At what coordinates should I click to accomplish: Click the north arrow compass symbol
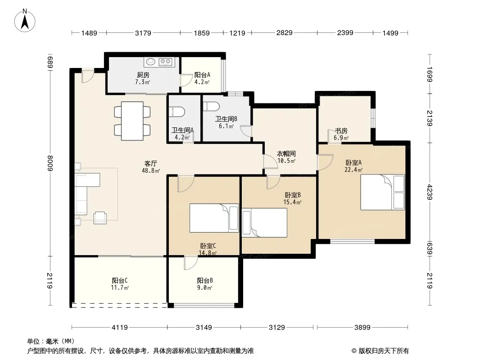click(25, 21)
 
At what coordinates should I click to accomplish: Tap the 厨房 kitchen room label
click(143, 75)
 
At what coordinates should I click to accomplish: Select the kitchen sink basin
click(150, 62)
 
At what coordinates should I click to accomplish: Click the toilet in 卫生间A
click(177, 111)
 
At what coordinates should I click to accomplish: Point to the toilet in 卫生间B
click(211, 106)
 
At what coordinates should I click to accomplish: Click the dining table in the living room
click(132, 121)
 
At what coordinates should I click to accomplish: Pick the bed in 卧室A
click(383, 192)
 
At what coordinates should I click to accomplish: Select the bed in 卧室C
click(214, 218)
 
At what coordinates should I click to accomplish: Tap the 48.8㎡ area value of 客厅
click(150, 171)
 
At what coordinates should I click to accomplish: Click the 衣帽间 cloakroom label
click(286, 153)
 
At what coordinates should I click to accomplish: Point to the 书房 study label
click(341, 131)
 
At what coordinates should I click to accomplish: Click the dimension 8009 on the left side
click(50, 164)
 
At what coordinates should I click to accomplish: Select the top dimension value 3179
click(143, 33)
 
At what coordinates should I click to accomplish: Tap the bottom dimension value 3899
click(362, 328)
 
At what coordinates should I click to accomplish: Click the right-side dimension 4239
click(430, 192)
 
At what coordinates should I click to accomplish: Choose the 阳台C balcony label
click(120, 280)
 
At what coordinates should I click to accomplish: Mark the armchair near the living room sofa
click(100, 218)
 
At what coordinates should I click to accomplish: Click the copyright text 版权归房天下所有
click(384, 351)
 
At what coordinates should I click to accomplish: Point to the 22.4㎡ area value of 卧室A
click(353, 170)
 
